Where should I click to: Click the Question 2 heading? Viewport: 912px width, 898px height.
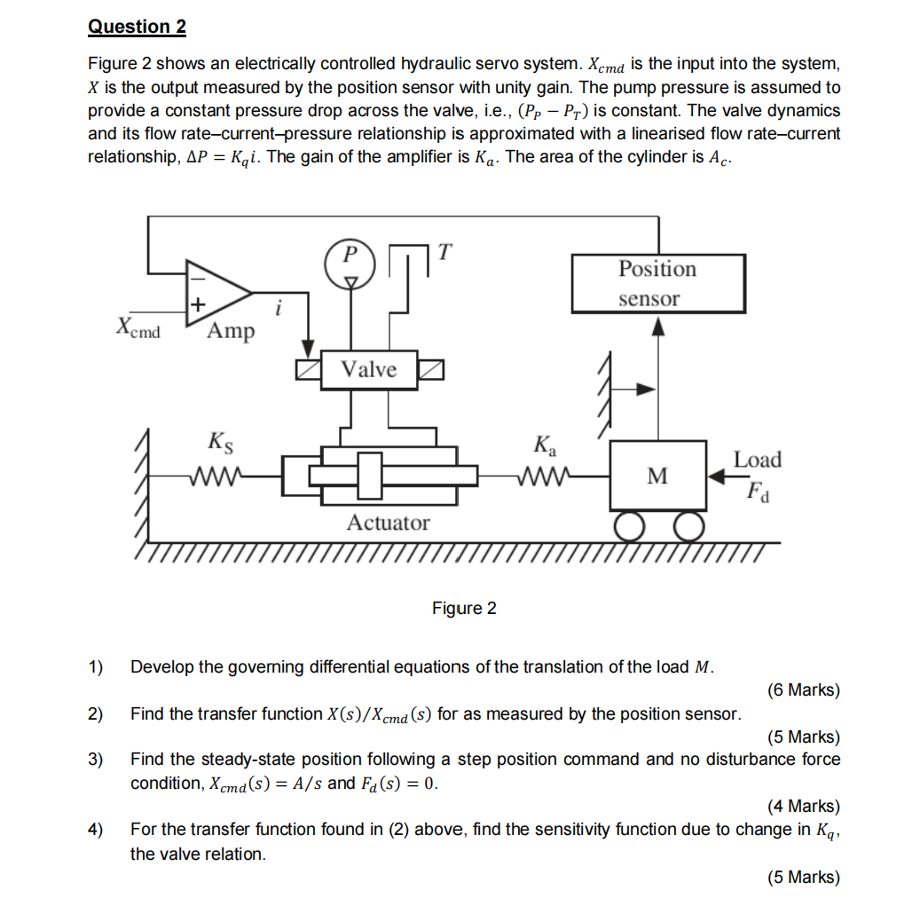tap(137, 27)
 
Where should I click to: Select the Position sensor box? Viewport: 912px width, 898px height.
tap(657, 283)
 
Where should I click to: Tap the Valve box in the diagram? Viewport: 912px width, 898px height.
tap(369, 370)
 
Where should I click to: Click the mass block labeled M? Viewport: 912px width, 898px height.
tap(657, 477)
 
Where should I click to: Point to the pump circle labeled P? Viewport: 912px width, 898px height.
tap(351, 256)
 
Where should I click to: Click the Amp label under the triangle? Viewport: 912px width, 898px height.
tap(231, 331)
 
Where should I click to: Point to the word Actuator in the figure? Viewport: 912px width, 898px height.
tap(388, 523)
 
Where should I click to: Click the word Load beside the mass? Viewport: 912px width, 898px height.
tap(757, 460)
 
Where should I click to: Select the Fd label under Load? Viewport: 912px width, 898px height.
tap(759, 490)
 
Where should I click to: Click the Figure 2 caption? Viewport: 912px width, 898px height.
tap(464, 609)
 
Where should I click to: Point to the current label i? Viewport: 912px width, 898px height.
tap(280, 310)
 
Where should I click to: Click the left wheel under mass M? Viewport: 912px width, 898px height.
tap(631, 528)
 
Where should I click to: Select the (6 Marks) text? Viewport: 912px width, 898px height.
tap(803, 690)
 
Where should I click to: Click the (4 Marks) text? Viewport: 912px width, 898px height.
tap(803, 806)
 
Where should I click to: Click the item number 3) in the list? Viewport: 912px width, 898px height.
tap(95, 760)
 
